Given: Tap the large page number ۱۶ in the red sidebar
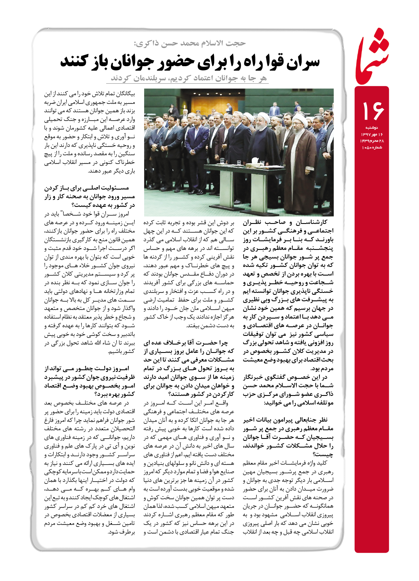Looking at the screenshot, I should coord(373,111).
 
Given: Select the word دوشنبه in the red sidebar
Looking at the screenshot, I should coord(372,128).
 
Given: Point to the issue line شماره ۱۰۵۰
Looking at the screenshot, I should coord(372,147).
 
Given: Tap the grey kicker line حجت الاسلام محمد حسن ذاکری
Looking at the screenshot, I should coord(190,43).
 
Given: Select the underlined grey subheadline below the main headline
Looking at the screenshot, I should coord(189,78).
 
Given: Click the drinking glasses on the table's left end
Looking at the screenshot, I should coord(222,161).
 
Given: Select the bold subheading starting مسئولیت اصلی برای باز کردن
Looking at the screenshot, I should coord(89,197).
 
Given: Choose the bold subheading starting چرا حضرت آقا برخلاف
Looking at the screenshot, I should coord(189,368).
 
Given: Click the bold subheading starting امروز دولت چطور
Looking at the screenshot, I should coord(89,381).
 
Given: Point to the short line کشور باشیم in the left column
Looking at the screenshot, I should coord(122,352).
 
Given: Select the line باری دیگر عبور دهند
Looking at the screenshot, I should coord(111,171).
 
